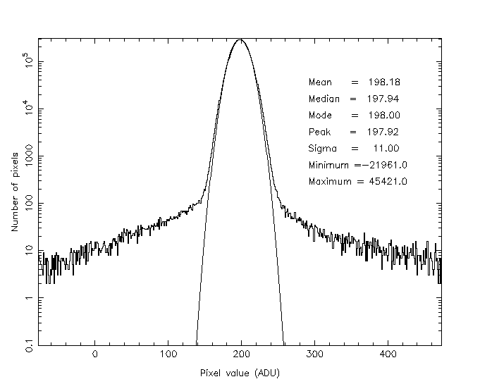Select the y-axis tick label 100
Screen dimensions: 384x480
[30, 204]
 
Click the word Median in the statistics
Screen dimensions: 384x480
[324, 99]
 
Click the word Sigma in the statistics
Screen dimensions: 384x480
[323, 149]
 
